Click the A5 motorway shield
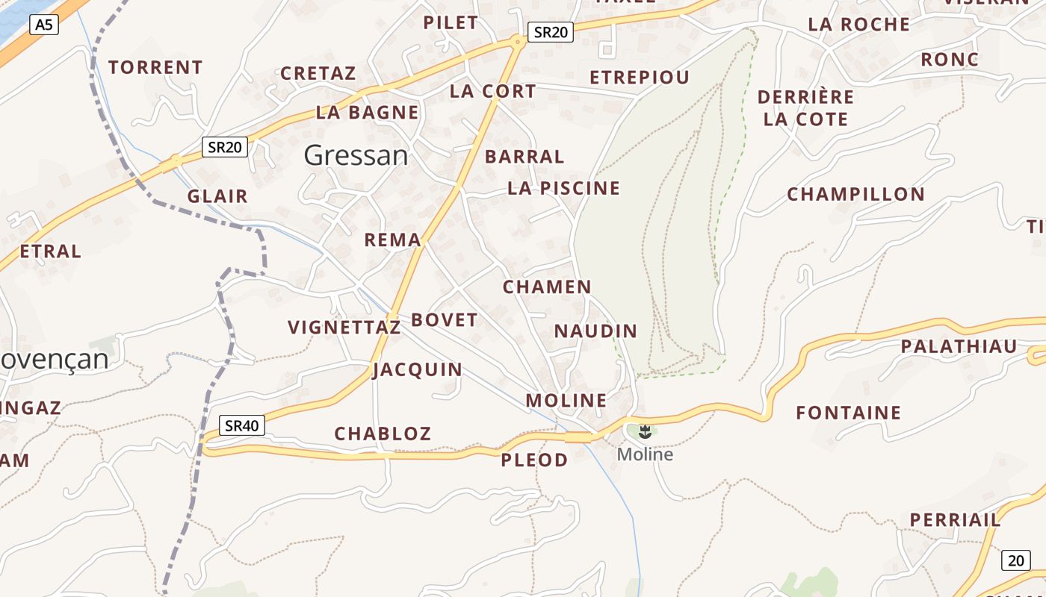pyautogui.click(x=44, y=25)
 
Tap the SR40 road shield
pyautogui.click(x=242, y=426)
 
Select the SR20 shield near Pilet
pyautogui.click(x=551, y=32)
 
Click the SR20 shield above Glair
pyautogui.click(x=225, y=147)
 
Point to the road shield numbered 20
pyautogui.click(x=1015, y=560)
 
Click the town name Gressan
pyautogui.click(x=356, y=155)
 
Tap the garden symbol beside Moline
pyautogui.click(x=646, y=431)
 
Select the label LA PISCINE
pyautogui.click(x=563, y=188)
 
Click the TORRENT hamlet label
pyautogui.click(x=155, y=67)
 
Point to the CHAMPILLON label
pyautogui.click(x=855, y=195)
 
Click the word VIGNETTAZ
pyautogui.click(x=344, y=328)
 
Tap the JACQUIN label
pyautogui.click(x=418, y=369)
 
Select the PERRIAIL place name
pyautogui.click(x=954, y=519)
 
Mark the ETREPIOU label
pyautogui.click(x=639, y=78)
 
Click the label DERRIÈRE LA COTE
pyautogui.click(x=805, y=108)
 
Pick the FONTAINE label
pyautogui.click(x=848, y=413)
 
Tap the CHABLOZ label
pyautogui.click(x=383, y=434)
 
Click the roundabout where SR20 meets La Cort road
pyautogui.click(x=516, y=40)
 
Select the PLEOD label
pyautogui.click(x=534, y=460)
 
